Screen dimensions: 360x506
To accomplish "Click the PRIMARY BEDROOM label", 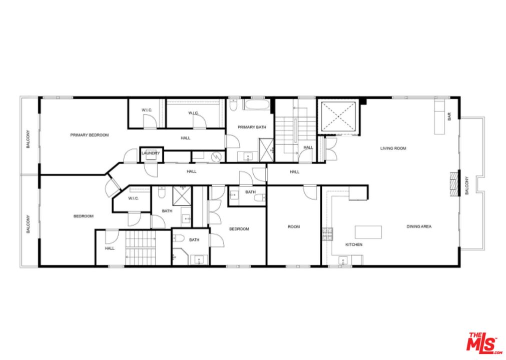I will coord(89,135).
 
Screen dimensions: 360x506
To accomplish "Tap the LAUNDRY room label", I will coord(150,153).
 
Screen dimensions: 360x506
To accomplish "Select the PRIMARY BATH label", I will coord(251,127).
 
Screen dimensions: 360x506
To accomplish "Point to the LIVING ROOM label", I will coord(393,148).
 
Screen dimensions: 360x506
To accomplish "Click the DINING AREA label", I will coord(419,226).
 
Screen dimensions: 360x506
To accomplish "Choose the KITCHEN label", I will coord(354,244).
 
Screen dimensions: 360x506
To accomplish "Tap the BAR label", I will coord(449,116).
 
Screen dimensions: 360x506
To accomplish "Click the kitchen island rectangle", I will coord(368,232).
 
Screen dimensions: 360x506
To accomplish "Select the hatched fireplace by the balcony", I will coord(454,183).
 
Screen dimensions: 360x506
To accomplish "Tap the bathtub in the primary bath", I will coord(257,106).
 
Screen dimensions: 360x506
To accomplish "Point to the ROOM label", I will coord(294,226).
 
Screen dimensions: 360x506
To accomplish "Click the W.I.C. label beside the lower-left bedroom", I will coord(133,198).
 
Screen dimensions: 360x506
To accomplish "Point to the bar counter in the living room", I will coord(439,117).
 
